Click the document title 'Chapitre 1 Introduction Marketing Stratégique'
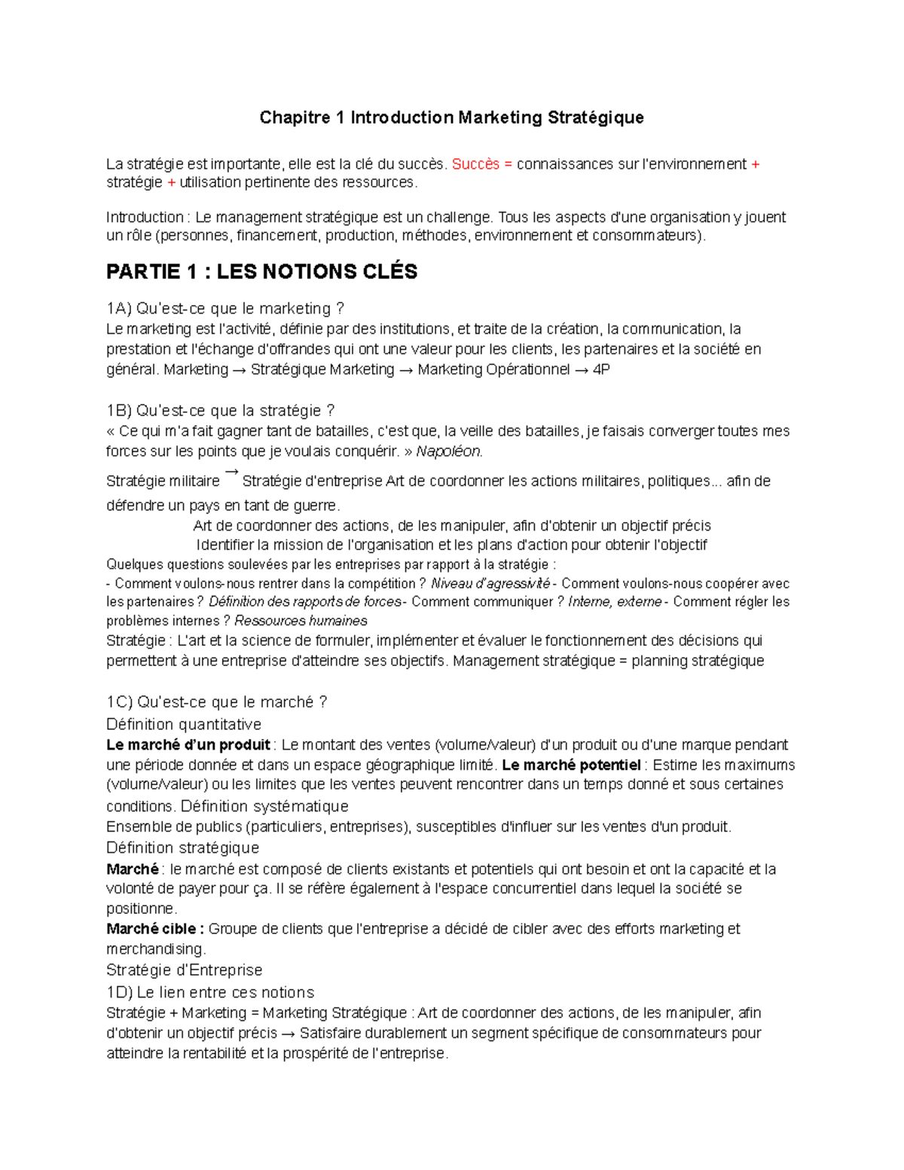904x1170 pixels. tap(451, 118)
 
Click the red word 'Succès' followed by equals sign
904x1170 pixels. tap(475, 164)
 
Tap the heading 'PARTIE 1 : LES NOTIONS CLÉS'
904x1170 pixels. tap(261, 272)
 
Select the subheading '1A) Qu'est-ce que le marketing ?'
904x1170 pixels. tap(224, 309)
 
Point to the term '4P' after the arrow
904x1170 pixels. tap(600, 370)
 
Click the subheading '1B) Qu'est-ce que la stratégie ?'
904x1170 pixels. tap(220, 411)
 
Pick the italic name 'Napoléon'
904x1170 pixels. tap(449, 451)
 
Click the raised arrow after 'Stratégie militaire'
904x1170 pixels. tap(231, 472)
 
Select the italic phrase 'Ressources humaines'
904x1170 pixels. tap(301, 621)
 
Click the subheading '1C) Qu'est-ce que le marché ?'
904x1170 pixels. tap(216, 702)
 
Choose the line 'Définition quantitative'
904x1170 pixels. tap(184, 725)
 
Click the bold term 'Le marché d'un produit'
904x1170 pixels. tap(188, 745)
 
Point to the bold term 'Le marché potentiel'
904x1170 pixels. tap(571, 765)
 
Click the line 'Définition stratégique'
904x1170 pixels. tap(182, 848)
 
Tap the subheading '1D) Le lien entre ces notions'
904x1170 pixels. tap(210, 992)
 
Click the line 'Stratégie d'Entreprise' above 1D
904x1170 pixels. tap(184, 970)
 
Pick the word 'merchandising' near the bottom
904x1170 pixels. tap(154, 949)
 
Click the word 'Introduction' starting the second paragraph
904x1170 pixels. tap(144, 218)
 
